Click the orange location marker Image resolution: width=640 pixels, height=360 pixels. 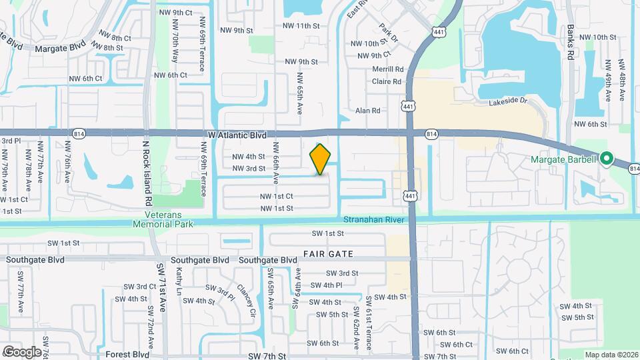tap(321, 159)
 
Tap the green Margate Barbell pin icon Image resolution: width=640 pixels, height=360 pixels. tap(606, 159)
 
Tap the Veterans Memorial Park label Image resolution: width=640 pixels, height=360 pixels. tap(169, 219)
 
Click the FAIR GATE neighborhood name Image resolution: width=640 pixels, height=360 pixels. tap(327, 254)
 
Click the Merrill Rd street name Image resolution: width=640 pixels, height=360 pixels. tap(388, 69)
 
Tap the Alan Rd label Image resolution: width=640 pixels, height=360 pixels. tap(367, 111)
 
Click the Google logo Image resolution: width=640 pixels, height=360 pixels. tap(21, 352)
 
